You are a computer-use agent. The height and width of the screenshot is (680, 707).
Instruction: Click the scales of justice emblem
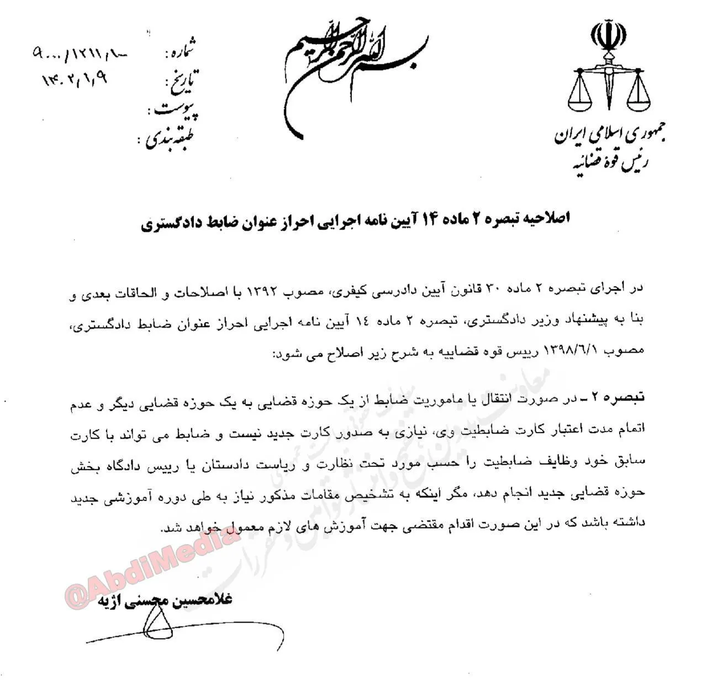point(609,88)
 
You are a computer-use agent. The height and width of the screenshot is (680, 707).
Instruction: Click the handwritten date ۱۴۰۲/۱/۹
point(75,78)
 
